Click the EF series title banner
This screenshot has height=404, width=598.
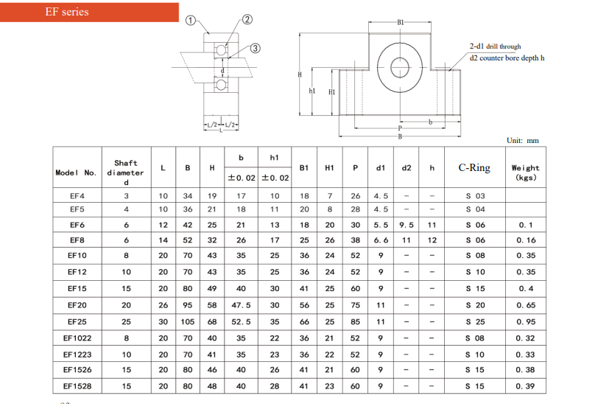click(89, 12)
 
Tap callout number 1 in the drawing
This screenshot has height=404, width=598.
click(190, 20)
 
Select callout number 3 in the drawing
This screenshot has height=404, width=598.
click(255, 48)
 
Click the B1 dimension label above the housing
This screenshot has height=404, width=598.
click(400, 23)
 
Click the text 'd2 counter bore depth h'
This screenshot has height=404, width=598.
click(507, 58)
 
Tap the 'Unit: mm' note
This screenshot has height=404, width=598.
click(522, 141)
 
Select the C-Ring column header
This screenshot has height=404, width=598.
click(474, 167)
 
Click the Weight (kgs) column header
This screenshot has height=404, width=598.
click(526, 173)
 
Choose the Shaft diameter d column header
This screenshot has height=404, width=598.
click(126, 173)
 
